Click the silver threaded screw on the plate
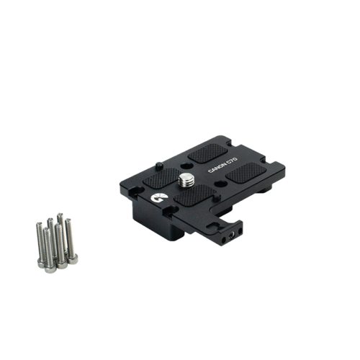(186, 180)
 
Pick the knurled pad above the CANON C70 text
(207, 153)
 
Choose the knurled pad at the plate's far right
(246, 173)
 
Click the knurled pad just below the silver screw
(195, 196)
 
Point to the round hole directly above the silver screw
(186, 166)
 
